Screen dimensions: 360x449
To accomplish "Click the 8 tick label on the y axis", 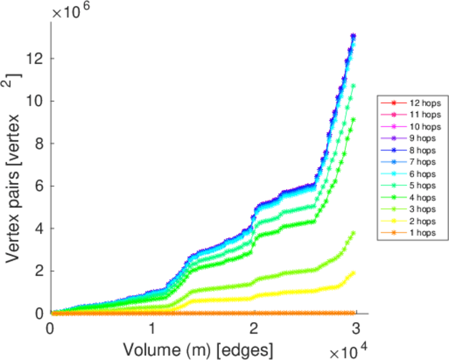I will coord(39,143).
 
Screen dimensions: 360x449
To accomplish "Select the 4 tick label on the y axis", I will coord(39,229).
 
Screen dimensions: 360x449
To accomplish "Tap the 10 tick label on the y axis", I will coord(35,101).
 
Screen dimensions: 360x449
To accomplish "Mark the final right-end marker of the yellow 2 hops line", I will coord(353,272).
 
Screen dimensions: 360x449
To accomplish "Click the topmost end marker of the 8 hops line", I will coord(354,36).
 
